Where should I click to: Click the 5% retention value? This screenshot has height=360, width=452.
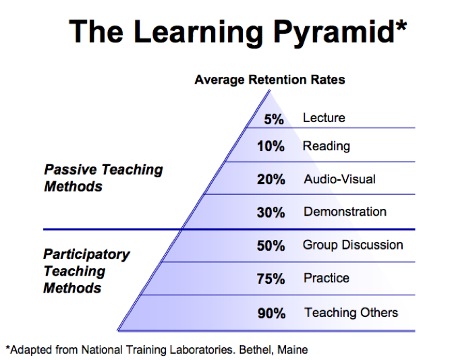click(274, 119)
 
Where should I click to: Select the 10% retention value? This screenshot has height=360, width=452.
click(271, 146)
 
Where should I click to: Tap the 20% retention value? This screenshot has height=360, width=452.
click(271, 179)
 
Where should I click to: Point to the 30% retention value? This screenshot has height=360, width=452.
click(271, 212)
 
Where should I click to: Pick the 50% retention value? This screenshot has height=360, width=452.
click(271, 245)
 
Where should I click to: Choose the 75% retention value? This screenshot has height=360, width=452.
click(271, 278)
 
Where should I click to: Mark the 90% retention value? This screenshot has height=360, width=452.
click(271, 313)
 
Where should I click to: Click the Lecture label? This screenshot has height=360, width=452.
click(324, 118)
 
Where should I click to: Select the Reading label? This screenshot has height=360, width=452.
click(327, 146)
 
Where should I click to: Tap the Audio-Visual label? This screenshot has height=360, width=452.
click(339, 179)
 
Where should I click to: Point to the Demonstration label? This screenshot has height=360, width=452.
click(345, 212)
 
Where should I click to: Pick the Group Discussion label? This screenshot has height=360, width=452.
click(353, 245)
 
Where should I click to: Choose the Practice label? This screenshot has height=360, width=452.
click(327, 278)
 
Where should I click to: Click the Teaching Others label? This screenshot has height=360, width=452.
click(351, 312)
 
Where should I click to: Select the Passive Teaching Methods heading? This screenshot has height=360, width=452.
click(103, 177)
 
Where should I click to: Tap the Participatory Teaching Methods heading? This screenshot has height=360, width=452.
click(86, 271)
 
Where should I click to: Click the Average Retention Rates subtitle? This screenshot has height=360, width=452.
click(270, 80)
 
